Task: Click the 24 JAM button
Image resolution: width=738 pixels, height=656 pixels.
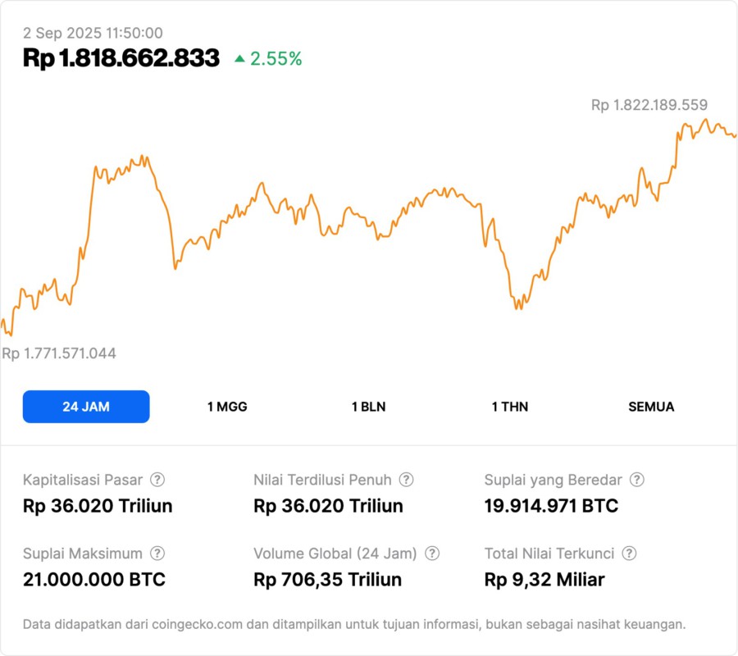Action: (86, 407)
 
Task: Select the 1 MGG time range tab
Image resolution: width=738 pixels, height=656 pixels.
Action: (227, 407)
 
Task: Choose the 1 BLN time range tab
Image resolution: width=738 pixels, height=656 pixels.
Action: (368, 407)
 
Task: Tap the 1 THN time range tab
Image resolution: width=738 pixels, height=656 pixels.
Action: (510, 407)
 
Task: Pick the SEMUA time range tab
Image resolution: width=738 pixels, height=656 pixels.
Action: (651, 407)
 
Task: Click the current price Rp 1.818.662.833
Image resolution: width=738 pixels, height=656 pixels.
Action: (121, 58)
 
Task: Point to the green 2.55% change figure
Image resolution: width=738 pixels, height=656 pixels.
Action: (276, 58)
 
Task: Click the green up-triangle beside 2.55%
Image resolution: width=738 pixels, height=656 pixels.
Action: (239, 58)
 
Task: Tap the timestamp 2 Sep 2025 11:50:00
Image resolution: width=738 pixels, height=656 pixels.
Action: (93, 33)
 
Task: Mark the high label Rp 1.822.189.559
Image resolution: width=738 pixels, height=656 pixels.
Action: (649, 105)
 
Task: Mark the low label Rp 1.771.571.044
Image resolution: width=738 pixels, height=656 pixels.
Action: (59, 353)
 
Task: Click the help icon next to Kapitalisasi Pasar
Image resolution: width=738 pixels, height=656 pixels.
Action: (157, 480)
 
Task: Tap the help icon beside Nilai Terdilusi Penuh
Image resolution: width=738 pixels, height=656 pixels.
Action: (406, 480)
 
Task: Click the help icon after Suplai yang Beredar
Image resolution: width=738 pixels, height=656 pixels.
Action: (636, 480)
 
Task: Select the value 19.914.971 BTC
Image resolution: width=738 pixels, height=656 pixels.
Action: (551, 506)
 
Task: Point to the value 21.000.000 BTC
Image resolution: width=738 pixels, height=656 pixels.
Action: (94, 580)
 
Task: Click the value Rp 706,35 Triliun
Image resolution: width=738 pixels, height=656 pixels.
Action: (328, 580)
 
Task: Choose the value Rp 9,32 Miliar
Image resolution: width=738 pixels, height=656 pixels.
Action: (544, 580)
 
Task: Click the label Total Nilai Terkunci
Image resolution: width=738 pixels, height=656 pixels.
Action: (549, 553)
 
